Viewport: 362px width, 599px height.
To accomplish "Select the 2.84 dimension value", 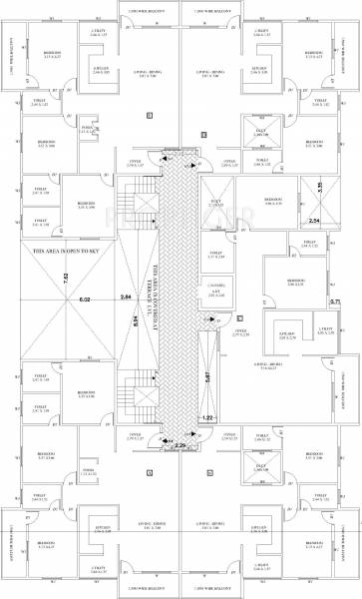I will click(125, 298).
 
